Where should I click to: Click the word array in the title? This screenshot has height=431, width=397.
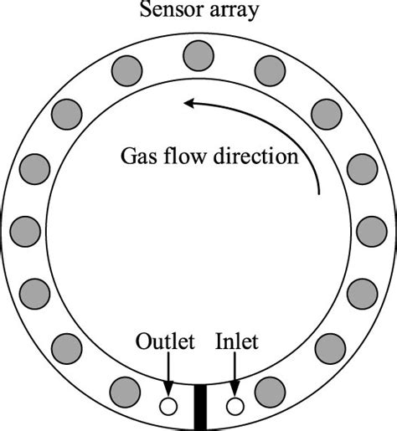[x=237, y=11]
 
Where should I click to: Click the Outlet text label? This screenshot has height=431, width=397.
[x=165, y=342]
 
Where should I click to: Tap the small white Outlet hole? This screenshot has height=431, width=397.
[x=168, y=406]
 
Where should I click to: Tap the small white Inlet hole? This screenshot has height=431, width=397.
[x=235, y=406]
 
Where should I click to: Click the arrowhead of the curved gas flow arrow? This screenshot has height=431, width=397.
[x=190, y=104]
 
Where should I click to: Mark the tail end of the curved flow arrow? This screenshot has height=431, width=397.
[x=320, y=194]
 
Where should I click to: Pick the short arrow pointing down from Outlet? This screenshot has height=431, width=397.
[x=168, y=373]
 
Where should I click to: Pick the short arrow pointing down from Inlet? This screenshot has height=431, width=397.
[x=235, y=373]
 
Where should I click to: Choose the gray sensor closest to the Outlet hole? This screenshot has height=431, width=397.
[x=126, y=390]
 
